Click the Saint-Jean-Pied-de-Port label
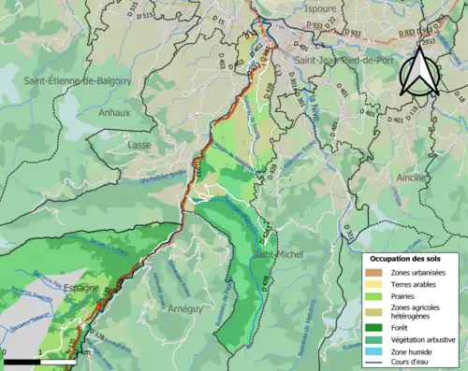click(343, 60)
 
